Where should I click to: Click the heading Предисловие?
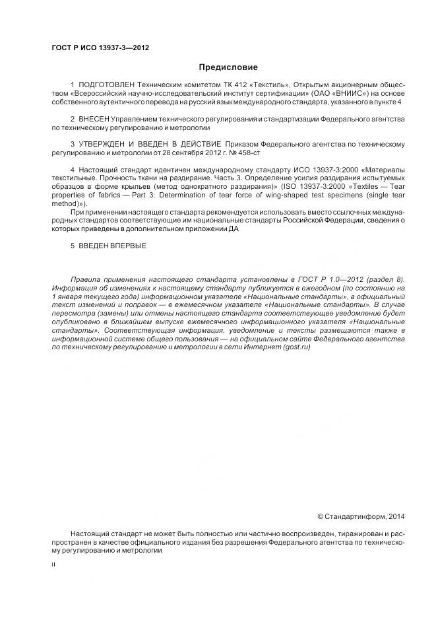228,67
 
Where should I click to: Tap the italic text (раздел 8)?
387,280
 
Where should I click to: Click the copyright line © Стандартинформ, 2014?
361,515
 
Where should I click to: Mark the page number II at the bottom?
53,566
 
